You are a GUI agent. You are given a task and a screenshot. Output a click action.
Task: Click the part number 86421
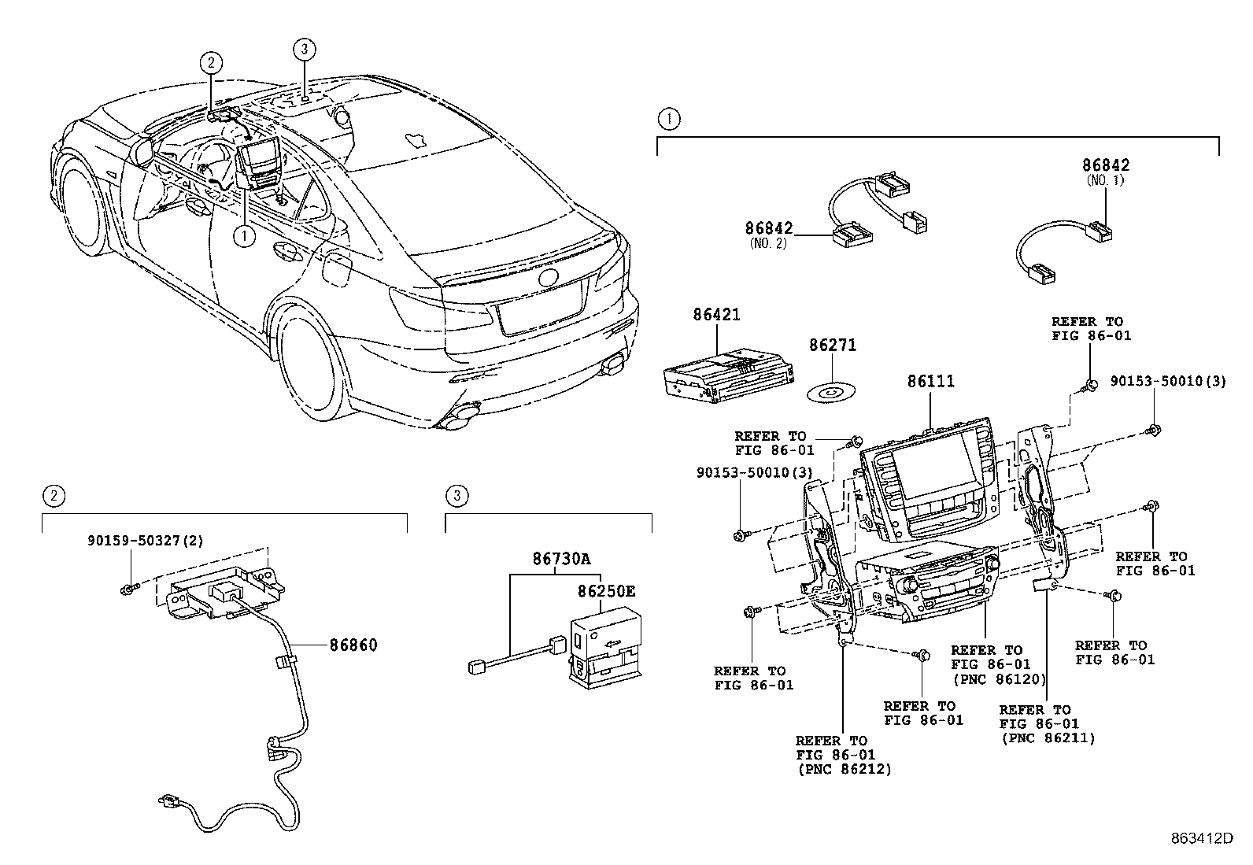tap(716, 315)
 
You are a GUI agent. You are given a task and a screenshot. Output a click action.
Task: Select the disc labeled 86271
tap(833, 390)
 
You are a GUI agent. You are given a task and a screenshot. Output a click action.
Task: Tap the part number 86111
tap(930, 382)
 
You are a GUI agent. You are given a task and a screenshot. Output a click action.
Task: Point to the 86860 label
tap(353, 645)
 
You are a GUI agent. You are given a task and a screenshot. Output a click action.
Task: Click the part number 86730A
tap(560, 560)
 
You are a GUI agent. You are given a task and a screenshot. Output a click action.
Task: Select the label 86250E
tap(605, 590)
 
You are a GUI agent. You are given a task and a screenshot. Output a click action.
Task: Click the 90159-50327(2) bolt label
tap(145, 541)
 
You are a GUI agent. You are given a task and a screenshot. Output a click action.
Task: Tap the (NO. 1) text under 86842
tap(1106, 180)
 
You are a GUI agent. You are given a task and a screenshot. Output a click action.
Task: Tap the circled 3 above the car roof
tap(305, 50)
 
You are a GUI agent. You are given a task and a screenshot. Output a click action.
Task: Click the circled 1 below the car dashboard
tap(245, 235)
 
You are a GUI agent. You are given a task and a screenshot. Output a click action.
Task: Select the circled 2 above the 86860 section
tap(54, 496)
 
